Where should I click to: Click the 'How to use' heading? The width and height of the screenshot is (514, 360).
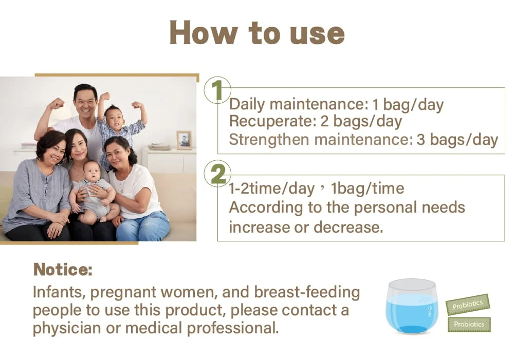pos(256,33)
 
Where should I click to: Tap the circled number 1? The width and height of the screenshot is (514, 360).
pos(217,91)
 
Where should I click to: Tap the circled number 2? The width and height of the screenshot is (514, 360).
pos(217,175)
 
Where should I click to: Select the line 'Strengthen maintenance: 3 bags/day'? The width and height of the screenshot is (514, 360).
pos(363,140)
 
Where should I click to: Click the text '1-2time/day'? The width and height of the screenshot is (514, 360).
pos(271,188)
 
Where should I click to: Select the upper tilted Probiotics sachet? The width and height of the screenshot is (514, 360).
pos(467,305)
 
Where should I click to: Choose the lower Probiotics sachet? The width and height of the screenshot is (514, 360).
pos(469,325)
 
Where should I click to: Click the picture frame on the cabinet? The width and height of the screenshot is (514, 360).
pos(183,140)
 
